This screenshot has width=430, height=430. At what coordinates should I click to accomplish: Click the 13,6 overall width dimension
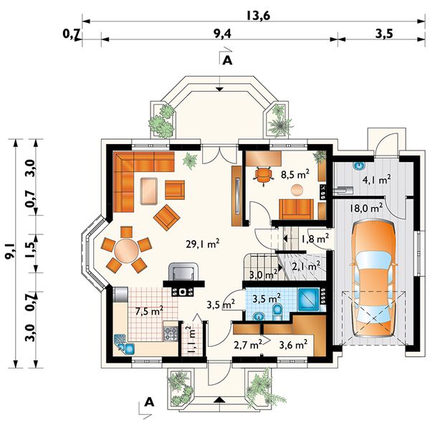pyautogui.click(x=258, y=16)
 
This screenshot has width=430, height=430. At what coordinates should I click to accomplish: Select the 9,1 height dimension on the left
pyautogui.click(x=10, y=252)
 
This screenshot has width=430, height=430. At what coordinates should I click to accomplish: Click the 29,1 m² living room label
pyautogui.click(x=202, y=244)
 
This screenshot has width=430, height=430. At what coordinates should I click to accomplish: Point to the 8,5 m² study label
pyautogui.click(x=295, y=174)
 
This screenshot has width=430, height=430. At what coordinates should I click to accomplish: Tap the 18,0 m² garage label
pyautogui.click(x=365, y=208)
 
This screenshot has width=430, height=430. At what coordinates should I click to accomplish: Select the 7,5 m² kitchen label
pyautogui.click(x=149, y=312)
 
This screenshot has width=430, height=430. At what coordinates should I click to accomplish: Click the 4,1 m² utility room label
pyautogui.click(x=376, y=180)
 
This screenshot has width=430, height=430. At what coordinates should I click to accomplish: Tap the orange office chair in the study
pyautogui.click(x=263, y=176)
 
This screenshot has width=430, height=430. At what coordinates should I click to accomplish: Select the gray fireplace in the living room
pyautogui.click(x=183, y=272)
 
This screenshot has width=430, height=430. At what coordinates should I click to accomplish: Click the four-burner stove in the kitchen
pyautogui.click(x=170, y=334)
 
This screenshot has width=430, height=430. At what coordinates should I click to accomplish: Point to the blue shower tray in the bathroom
pyautogui.click(x=308, y=299)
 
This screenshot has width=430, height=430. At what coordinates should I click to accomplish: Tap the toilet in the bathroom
pyautogui.click(x=277, y=312)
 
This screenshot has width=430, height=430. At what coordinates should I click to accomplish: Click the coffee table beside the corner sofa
pyautogui.click(x=149, y=191)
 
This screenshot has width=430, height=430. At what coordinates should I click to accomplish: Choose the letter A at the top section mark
pyautogui.click(x=227, y=60)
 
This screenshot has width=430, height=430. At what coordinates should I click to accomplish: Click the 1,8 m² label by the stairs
pyautogui.click(x=315, y=239)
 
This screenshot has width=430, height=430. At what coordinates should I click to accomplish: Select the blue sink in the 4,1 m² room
pyautogui.click(x=359, y=166)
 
